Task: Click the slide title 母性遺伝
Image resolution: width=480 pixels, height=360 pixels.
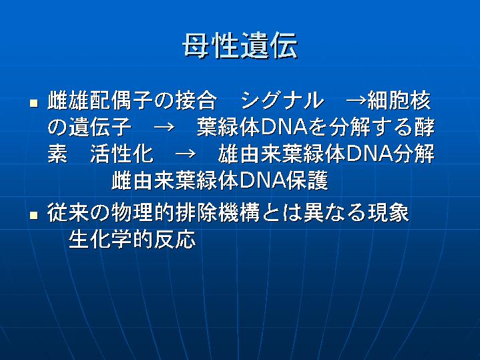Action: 240,46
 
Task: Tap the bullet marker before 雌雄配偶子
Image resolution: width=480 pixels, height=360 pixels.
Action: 33,103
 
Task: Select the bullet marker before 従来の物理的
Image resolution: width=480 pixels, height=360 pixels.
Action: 33,215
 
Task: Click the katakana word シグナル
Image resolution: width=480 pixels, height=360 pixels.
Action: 282,100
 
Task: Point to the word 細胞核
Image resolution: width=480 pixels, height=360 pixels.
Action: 399,100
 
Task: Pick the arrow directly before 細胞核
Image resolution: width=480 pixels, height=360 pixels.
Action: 356,101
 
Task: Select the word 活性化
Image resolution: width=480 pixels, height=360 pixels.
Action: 122,154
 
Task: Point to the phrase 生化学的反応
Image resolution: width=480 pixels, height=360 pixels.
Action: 132,239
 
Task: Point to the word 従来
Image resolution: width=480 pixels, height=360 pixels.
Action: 68,212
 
